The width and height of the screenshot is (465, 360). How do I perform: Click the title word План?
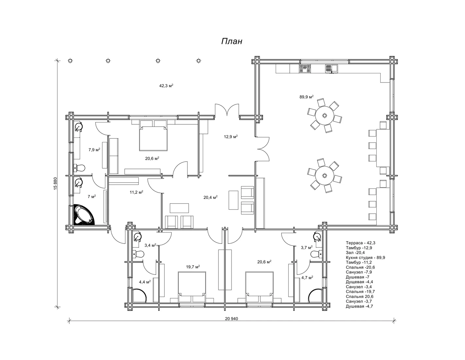(232, 41)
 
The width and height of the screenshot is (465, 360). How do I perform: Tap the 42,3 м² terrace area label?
(166, 86)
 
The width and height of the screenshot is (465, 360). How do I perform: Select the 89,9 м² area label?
(306, 97)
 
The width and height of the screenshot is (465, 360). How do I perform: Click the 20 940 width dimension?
(231, 319)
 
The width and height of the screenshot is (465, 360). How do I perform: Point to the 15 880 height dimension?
(55, 184)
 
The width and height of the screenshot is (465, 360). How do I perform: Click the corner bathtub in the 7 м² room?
(84, 215)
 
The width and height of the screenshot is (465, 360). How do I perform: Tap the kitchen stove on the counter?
(305, 68)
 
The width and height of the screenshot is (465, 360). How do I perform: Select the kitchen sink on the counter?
(331, 68)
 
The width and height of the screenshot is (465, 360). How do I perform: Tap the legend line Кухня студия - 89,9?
(365, 258)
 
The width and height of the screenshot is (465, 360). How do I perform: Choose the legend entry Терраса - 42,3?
(360, 243)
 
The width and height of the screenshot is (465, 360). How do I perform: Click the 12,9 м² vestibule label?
(231, 136)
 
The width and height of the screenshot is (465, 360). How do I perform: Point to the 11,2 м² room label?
(136, 192)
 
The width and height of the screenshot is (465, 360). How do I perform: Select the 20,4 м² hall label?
(210, 197)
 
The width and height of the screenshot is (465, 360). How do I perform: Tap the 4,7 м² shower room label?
(307, 278)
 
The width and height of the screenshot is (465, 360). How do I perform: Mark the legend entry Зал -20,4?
(355, 253)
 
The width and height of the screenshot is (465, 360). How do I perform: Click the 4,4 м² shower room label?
(145, 282)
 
